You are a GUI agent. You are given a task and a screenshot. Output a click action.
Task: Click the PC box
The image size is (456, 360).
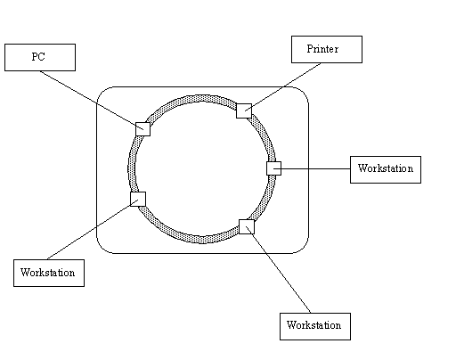tap(40, 57)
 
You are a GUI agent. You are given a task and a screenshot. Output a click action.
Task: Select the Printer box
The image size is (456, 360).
tap(327, 49)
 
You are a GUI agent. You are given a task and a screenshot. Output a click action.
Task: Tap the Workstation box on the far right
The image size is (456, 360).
tap(386, 169)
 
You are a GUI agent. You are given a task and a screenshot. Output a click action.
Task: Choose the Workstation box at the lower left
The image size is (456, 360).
tap(49, 273)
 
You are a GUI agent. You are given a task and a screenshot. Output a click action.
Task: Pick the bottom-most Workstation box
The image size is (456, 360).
tap(315, 326)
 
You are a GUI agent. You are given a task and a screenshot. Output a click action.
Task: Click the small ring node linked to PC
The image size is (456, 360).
tap(142, 129)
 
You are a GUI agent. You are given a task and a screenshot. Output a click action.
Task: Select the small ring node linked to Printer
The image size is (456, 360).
tap(244, 110)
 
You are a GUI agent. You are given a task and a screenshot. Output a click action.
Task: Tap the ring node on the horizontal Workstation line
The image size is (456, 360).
tap(273, 168)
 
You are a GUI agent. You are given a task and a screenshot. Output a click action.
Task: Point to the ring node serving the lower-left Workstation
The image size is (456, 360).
tap(138, 199)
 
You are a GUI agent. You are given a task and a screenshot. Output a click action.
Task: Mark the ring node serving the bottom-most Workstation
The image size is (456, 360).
tap(247, 227)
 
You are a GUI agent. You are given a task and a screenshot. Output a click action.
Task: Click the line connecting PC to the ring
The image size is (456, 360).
tap(92, 100)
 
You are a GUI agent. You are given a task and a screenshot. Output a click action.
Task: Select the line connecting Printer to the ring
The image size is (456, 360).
tap(283, 87)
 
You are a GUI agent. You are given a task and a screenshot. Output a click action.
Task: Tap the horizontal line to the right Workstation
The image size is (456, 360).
tap(312, 168)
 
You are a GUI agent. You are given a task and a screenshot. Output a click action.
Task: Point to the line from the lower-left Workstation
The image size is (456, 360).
tap(93, 229)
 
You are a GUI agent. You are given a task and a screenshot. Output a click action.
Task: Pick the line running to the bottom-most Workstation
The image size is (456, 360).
tap(279, 270)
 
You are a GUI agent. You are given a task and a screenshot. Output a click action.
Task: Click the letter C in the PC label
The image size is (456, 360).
tap(41, 57)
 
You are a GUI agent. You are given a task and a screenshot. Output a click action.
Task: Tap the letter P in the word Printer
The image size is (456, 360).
tap(310, 49)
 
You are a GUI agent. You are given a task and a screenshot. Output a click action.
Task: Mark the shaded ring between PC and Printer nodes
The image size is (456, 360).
tap(194, 99)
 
